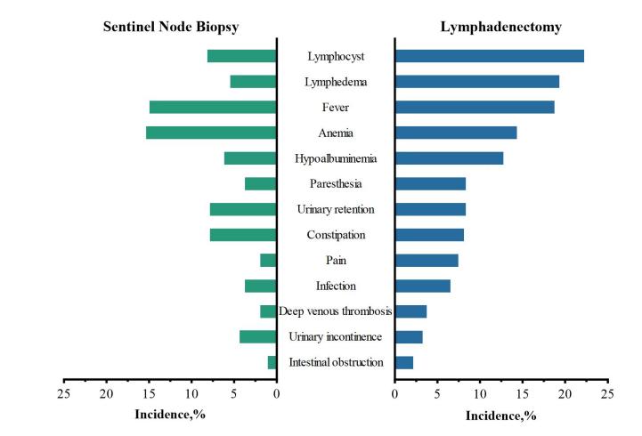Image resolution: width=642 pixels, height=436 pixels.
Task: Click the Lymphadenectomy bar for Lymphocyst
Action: point(489,56)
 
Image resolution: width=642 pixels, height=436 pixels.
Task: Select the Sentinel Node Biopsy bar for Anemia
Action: point(211,133)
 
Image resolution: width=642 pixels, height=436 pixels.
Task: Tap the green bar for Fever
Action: point(213,108)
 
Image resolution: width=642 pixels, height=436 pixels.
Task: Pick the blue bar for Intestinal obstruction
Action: point(403,362)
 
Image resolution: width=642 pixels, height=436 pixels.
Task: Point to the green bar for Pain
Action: point(268,261)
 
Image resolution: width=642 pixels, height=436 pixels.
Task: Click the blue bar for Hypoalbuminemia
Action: point(449,158)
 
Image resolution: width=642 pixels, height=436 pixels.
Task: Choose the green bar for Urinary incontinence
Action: point(257,336)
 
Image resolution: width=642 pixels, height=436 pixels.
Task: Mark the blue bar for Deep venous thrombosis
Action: point(410,311)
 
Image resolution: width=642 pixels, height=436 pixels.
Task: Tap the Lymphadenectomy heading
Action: point(501,27)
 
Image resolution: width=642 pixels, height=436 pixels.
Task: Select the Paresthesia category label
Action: point(336,184)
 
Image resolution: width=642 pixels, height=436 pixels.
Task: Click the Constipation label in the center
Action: point(336,235)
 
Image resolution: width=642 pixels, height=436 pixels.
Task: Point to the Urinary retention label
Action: point(336,209)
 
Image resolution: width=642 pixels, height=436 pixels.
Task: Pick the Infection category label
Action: point(336,286)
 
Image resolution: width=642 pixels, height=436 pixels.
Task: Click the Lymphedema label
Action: point(336,82)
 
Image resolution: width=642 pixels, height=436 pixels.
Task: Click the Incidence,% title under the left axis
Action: point(170,415)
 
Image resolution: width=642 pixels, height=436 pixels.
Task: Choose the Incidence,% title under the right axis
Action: point(501,416)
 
